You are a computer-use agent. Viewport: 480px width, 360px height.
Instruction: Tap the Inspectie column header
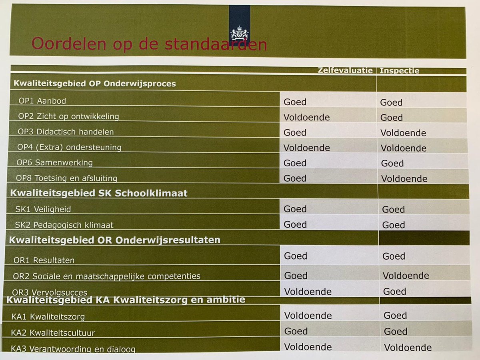pyautogui.click(x=399, y=71)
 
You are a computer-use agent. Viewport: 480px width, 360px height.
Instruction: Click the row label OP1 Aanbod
pyautogui.click(x=42, y=101)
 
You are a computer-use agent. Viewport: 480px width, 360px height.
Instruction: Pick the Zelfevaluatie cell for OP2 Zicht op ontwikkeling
pyautogui.click(x=306, y=117)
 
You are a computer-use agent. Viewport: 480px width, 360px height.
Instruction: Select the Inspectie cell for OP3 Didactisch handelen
pyautogui.click(x=403, y=133)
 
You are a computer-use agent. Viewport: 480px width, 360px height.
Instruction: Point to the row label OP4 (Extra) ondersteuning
pyautogui.click(x=69, y=147)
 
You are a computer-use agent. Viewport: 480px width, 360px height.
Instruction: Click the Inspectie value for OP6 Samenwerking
pyautogui.click(x=392, y=163)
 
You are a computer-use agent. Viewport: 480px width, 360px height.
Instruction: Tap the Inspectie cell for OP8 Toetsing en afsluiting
pyautogui.click(x=404, y=178)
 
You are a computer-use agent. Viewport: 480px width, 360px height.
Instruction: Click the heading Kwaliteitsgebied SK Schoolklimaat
pyautogui.click(x=99, y=193)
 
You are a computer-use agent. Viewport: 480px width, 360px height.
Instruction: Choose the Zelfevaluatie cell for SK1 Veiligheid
pyautogui.click(x=295, y=209)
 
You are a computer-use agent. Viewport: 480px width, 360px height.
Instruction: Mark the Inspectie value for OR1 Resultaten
pyautogui.click(x=394, y=256)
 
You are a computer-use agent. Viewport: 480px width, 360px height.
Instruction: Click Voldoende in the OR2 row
pyautogui.click(x=406, y=276)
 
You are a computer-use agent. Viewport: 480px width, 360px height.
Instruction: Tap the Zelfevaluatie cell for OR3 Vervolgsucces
pyautogui.click(x=308, y=291)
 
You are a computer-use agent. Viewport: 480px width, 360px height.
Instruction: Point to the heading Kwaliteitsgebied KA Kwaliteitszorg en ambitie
pyautogui.click(x=126, y=299)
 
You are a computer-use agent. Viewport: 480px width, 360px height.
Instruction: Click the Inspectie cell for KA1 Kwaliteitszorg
pyautogui.click(x=395, y=316)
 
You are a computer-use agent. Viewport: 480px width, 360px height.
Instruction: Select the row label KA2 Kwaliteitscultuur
pyautogui.click(x=53, y=332)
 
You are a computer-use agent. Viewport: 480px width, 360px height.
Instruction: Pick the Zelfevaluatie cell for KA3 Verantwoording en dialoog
pyautogui.click(x=308, y=347)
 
